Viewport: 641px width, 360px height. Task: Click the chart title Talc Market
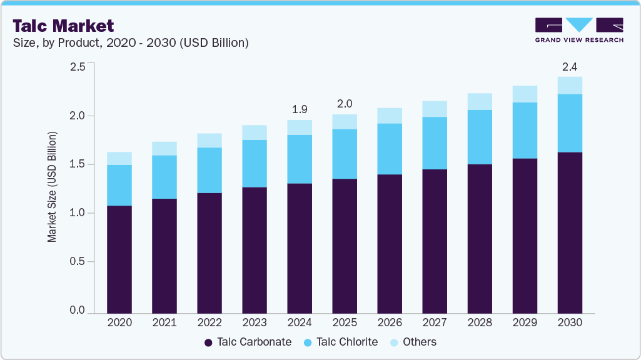[x=63, y=26]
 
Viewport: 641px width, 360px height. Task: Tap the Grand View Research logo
[x=579, y=30]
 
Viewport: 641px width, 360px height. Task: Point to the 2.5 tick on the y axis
[x=78, y=67]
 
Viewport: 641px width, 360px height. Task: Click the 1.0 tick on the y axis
[x=78, y=213]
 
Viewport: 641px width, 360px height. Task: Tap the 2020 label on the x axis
[x=119, y=322]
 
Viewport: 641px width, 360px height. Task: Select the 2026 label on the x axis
[x=390, y=322]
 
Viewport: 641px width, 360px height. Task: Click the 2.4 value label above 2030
[x=570, y=66]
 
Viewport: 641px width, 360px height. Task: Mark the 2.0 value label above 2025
[x=345, y=103]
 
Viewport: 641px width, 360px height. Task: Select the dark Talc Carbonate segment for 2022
[x=209, y=253]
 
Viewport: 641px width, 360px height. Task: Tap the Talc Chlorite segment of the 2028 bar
[x=480, y=137]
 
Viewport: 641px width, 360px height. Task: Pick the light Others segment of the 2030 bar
[x=570, y=86]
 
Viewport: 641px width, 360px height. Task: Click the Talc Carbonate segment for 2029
[x=525, y=236]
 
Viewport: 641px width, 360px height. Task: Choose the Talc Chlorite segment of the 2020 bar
[x=119, y=185]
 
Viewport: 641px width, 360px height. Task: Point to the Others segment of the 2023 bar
[x=255, y=132]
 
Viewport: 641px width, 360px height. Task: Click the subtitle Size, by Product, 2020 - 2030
[x=131, y=42]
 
